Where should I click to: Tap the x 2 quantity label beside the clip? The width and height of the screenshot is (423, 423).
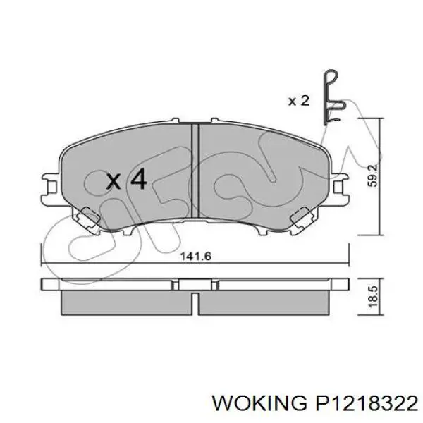tap(298, 101)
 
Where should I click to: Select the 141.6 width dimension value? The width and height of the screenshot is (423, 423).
tap(197, 257)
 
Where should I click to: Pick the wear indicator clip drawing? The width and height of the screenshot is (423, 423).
tap(333, 99)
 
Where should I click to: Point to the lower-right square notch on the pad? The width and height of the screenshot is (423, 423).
tap(303, 216)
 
